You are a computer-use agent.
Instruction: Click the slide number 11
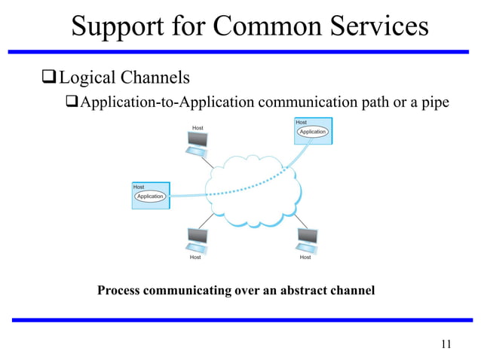[445, 345]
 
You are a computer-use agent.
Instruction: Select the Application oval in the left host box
[150, 197]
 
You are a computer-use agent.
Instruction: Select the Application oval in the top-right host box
[312, 132]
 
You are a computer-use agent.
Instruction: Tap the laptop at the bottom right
[307, 239]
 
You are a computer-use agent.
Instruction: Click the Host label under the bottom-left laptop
[195, 258]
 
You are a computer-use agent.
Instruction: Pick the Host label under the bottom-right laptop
[305, 258]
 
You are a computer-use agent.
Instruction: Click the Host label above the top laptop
[198, 128]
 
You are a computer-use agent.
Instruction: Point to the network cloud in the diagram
[249, 200]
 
